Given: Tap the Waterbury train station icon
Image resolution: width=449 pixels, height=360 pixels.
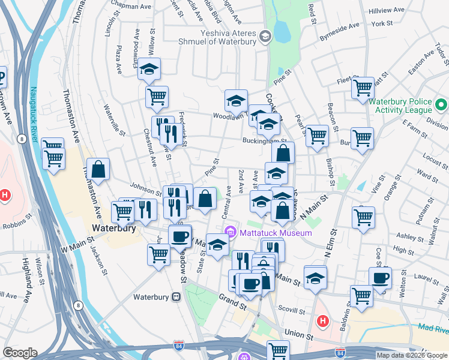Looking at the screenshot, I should click(176, 296).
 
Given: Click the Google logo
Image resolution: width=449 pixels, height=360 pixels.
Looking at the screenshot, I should click(20, 353).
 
